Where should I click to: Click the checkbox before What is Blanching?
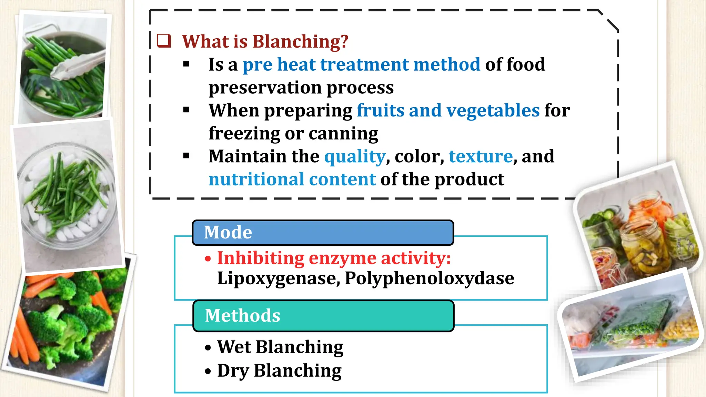pos(164,41)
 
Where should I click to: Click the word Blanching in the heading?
pos(300,41)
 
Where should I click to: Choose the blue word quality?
pos(354,157)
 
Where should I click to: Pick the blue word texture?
pos(481,156)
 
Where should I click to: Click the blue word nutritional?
pos(256,179)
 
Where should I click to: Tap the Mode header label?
pos(228,232)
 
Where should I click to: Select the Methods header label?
pos(242,316)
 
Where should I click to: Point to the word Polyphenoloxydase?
pos(429,278)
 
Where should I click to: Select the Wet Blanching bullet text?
pos(280,347)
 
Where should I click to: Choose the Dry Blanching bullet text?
pos(279,371)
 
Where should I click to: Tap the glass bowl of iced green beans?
pos(67,196)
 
